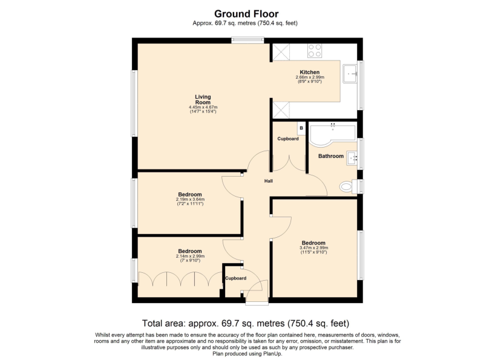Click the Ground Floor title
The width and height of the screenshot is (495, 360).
[246, 14]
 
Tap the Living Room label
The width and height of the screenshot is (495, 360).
[203, 99]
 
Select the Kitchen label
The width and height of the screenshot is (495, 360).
[310, 72]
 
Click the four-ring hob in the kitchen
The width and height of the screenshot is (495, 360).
[315, 51]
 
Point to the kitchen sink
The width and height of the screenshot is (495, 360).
[350, 74]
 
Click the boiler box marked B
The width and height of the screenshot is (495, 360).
[301, 128]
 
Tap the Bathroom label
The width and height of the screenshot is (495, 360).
[331, 156]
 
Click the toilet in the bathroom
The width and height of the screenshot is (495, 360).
[349, 186]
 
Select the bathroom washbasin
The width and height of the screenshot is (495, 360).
[352, 158]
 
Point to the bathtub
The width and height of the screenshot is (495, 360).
[332, 136]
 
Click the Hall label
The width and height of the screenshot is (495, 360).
[268, 181]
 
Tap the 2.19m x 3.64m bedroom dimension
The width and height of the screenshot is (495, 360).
[190, 200]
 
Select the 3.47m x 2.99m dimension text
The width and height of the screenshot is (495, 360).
[314, 248]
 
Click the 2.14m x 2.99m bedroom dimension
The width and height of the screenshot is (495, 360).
[190, 256]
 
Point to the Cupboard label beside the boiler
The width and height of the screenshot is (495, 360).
[288, 139]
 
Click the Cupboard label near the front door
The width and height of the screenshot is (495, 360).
[235, 278]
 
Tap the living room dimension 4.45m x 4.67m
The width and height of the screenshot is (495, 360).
[203, 107]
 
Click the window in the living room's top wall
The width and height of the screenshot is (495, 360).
[247, 40]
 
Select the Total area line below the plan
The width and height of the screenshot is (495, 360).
[246, 324]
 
